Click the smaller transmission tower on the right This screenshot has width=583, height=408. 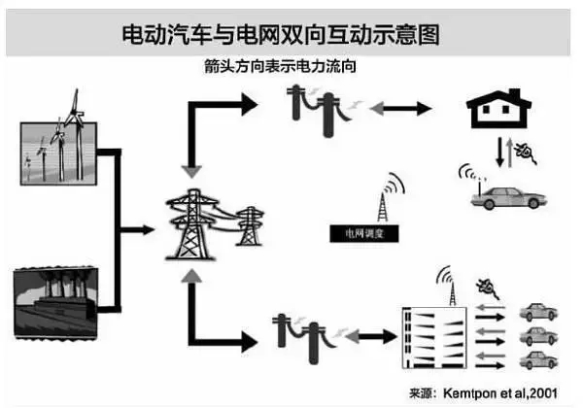[x=249, y=229]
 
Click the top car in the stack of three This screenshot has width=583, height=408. [x=537, y=313]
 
